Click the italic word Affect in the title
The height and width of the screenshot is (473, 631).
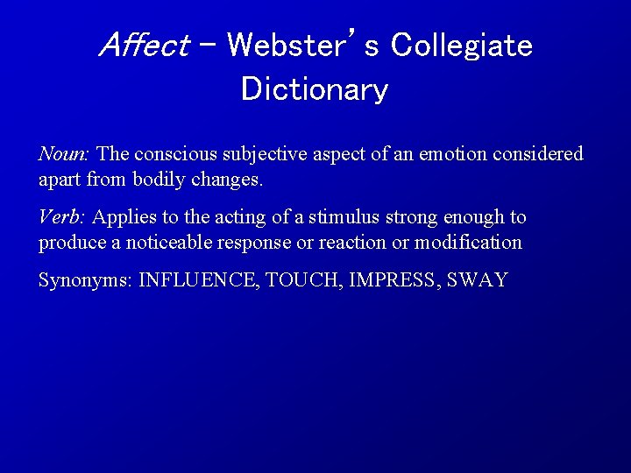click(x=145, y=45)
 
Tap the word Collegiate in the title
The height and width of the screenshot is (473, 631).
click(x=461, y=45)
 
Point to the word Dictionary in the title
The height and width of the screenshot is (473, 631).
click(x=315, y=89)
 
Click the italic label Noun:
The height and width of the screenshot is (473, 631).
click(x=64, y=154)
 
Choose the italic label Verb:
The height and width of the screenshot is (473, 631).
click(x=62, y=216)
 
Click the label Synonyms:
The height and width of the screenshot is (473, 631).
click(x=86, y=280)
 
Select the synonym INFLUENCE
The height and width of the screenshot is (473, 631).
click(x=199, y=280)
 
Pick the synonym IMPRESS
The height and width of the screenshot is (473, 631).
click(x=393, y=280)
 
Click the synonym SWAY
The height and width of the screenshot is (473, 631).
click(x=478, y=280)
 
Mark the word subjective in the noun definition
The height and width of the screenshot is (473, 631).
click(x=264, y=154)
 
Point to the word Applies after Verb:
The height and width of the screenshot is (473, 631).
click(x=121, y=216)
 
